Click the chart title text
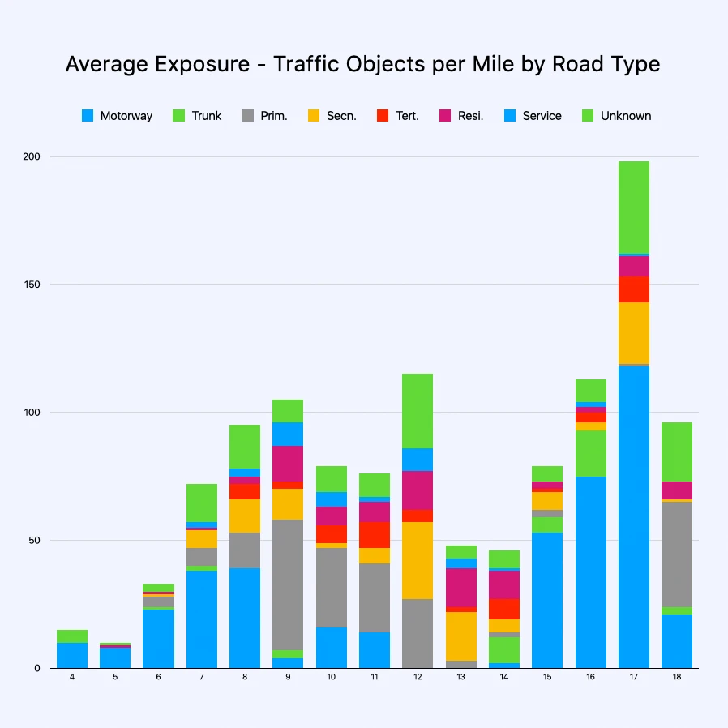[362, 65]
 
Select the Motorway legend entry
[117, 116]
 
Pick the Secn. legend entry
[332, 116]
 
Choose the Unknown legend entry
[616, 116]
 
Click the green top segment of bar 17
[634, 208]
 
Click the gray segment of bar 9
[288, 585]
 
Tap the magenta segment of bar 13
[461, 588]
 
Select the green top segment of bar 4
[72, 636]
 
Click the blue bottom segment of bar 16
[591, 572]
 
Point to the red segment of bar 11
[375, 535]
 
